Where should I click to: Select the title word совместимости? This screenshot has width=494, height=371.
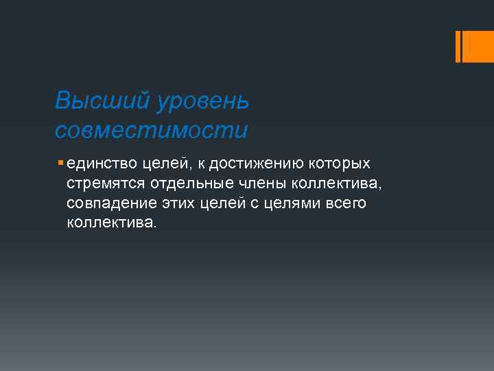[x=151, y=129]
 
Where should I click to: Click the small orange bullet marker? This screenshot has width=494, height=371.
[x=61, y=164]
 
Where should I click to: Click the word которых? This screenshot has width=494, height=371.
[x=341, y=164]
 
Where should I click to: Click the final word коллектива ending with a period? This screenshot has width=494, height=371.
[x=112, y=223]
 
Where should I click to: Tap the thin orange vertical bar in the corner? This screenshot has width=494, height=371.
[x=458, y=46]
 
